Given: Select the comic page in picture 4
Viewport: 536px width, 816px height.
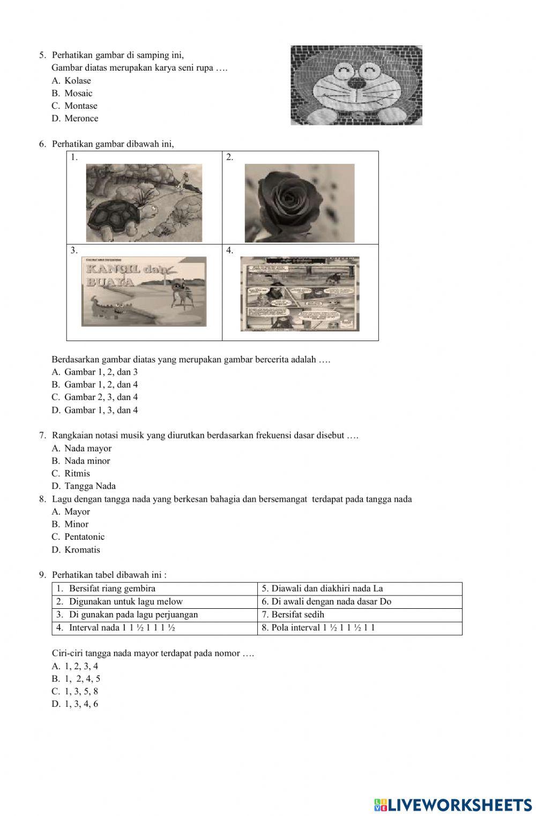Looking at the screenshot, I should [x=300, y=293].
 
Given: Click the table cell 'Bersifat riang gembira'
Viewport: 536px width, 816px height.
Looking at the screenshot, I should [x=112, y=588].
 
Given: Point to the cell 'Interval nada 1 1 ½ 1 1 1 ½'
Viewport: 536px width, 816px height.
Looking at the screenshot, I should [x=122, y=628].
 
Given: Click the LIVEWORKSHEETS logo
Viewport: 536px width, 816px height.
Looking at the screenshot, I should [x=453, y=804].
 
